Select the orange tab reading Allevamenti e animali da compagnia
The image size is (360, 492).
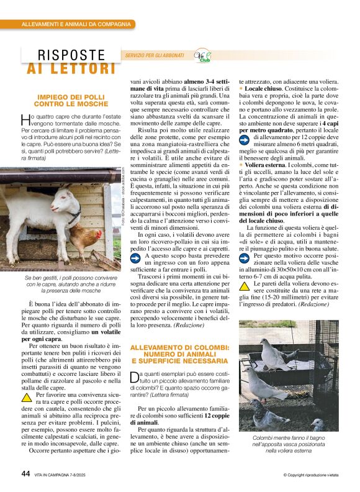click(x=77, y=24)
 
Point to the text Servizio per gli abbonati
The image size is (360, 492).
click(x=155, y=56)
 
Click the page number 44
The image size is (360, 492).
click(x=25, y=473)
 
